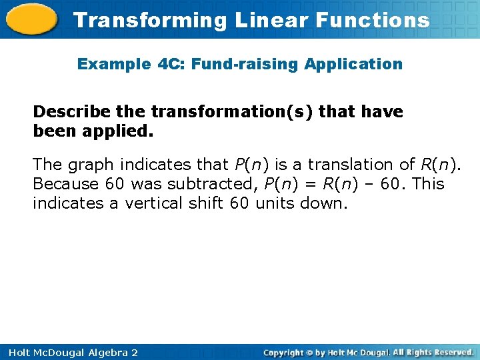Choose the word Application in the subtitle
point(353,65)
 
